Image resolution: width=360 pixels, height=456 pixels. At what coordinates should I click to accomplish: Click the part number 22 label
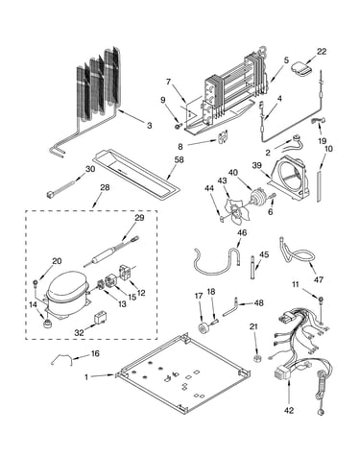[x=322, y=52]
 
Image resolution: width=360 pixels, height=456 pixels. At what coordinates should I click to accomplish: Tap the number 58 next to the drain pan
[x=179, y=159]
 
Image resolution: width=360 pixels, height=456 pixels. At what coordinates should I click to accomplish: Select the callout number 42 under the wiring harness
[x=289, y=410]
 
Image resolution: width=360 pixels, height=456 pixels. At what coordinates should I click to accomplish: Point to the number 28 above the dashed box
[x=105, y=187]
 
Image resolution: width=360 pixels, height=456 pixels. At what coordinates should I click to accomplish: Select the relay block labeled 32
[x=99, y=319]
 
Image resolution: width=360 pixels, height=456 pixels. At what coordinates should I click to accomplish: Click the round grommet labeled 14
[x=47, y=324]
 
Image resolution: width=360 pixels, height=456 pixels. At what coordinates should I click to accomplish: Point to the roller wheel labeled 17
[x=204, y=328]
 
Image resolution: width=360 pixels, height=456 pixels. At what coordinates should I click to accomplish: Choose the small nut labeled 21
[x=256, y=358]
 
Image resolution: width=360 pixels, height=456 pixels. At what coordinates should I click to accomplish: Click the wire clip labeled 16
[x=60, y=359]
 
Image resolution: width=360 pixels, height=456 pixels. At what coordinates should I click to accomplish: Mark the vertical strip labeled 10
[x=319, y=186]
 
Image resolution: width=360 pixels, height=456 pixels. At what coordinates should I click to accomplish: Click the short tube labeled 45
[x=252, y=267]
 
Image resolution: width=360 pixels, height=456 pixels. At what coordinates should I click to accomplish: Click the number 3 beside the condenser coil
[x=150, y=126]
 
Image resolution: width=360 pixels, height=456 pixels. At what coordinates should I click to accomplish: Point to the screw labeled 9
[x=179, y=127]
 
